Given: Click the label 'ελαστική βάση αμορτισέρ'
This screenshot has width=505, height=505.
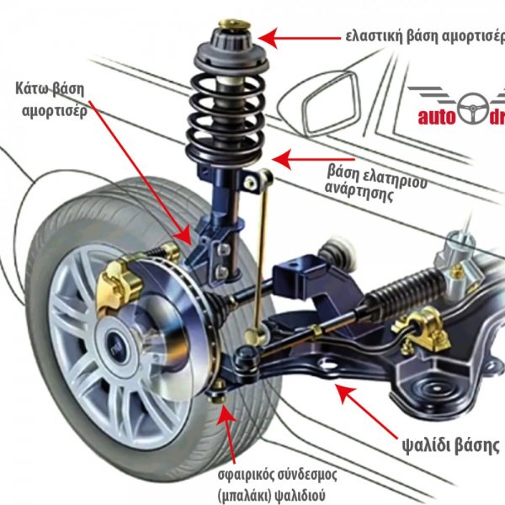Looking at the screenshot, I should [425, 37].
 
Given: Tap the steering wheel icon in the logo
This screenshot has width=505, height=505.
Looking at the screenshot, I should [476, 107].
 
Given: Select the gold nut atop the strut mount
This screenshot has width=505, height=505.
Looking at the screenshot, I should [231, 24].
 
